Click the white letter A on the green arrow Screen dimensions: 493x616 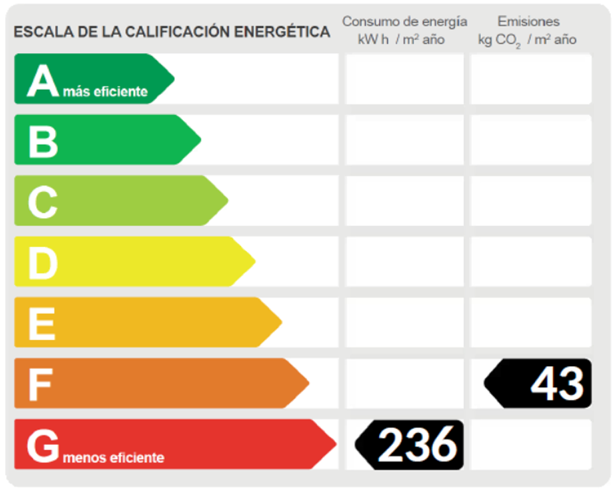click(x=43, y=81)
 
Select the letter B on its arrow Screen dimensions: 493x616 click(x=43, y=141)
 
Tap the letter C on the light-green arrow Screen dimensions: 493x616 click(x=43, y=202)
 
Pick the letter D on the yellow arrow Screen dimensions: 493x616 click(x=43, y=263)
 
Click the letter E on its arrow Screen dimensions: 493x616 click(x=41, y=324)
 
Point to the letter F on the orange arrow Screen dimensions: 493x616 click(x=40, y=385)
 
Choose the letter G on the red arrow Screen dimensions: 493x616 click(x=43, y=446)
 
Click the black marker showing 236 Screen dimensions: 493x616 click(x=410, y=445)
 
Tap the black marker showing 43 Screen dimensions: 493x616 click(x=539, y=384)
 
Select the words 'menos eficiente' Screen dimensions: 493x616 click(x=114, y=458)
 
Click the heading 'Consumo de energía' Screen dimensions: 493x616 click(x=405, y=22)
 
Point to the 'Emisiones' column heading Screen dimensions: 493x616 click(x=529, y=22)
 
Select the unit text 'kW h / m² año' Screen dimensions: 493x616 click(x=401, y=40)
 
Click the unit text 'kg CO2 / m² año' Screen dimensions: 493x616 click(x=527, y=40)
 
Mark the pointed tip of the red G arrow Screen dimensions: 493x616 click(x=335, y=444)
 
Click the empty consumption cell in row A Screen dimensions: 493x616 click(x=405, y=79)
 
